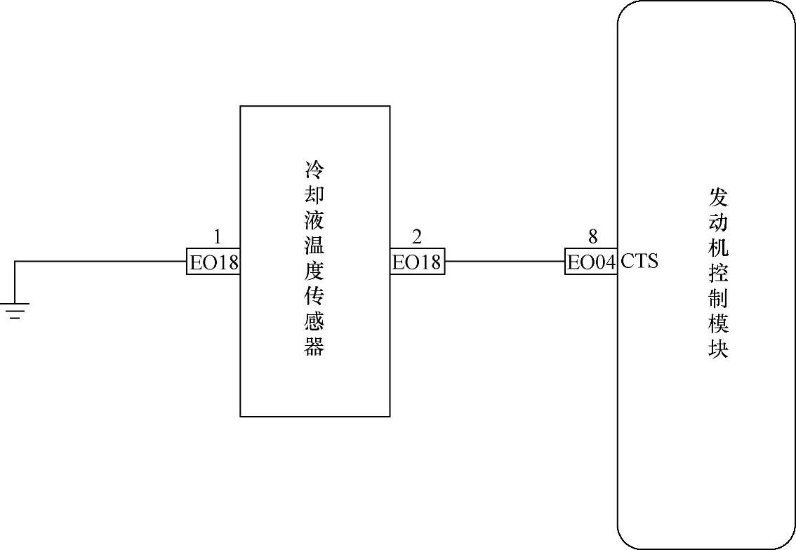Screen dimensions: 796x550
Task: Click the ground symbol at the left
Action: [x=15, y=311]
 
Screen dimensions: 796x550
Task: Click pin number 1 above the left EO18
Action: [x=217, y=236]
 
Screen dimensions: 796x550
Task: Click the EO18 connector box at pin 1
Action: [x=213, y=262]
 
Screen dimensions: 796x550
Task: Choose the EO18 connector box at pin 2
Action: [x=417, y=262]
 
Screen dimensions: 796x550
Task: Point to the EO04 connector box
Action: [x=591, y=262]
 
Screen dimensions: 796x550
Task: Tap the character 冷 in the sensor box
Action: [x=314, y=170]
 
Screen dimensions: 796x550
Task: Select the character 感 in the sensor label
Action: [x=314, y=322]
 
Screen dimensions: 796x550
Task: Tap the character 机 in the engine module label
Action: [x=718, y=248]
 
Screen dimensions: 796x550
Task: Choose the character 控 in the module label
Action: [x=718, y=273]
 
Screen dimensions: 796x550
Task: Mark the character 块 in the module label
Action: [x=718, y=349]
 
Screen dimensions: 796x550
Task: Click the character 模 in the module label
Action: [x=718, y=323]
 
